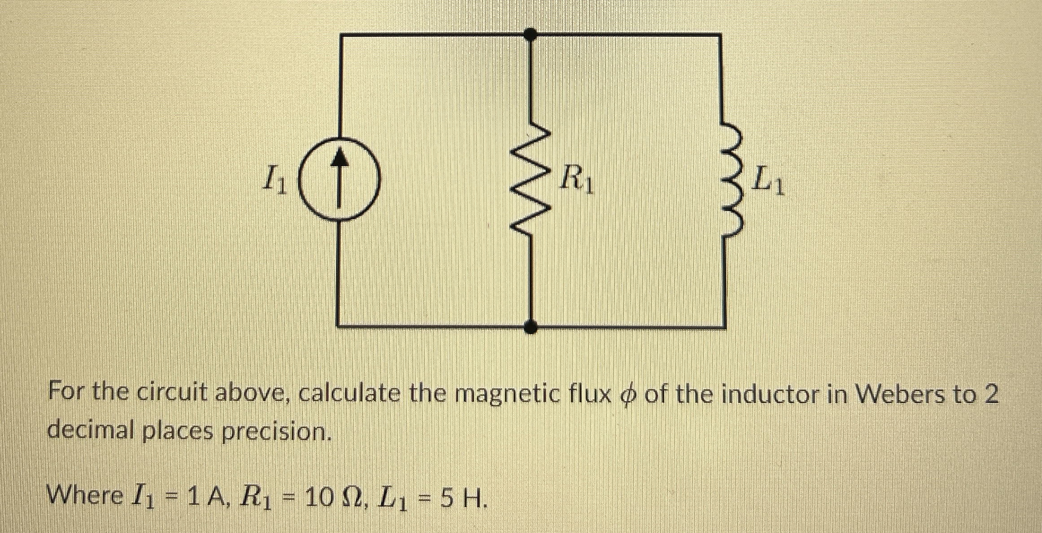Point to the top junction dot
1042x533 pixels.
[531, 34]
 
